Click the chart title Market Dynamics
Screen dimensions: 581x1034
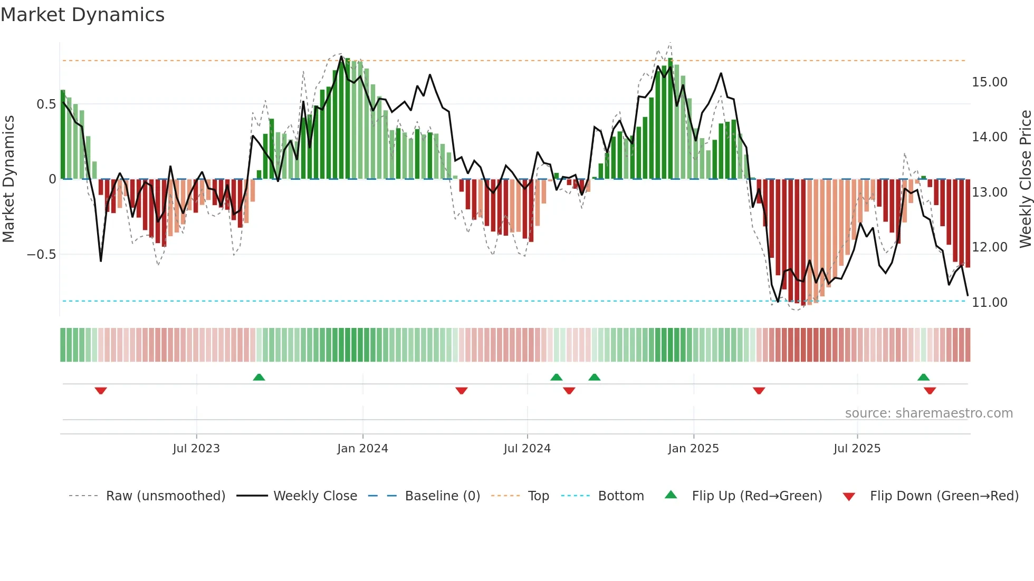pos(82,15)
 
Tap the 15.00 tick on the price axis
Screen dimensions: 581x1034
pos(989,82)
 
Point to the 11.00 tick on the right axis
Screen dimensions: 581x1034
pos(989,303)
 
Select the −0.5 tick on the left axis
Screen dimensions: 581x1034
pos(41,255)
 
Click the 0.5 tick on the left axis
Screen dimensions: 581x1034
pos(46,104)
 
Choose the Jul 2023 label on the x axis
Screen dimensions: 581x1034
pos(196,449)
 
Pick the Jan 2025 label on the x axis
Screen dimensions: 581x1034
pos(693,449)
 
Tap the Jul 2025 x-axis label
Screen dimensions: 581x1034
pos(857,449)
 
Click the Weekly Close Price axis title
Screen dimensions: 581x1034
pos(1025,179)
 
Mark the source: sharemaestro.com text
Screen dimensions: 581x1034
pos(928,413)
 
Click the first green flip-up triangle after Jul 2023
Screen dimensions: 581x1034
pos(258,377)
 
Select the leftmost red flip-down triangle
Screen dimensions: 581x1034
pos(101,391)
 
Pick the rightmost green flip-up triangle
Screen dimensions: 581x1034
pos(923,377)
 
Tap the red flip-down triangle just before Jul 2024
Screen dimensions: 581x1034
pos(461,391)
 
